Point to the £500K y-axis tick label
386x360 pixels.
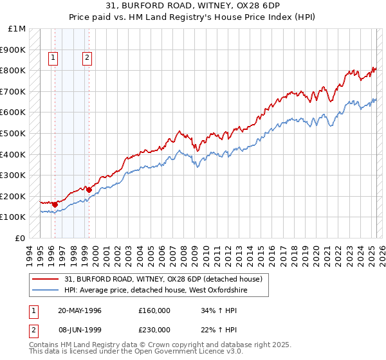(14, 134)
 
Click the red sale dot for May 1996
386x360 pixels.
(55, 204)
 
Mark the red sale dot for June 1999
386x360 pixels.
(89, 190)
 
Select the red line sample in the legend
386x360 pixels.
(44, 280)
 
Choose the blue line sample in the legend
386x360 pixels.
(44, 291)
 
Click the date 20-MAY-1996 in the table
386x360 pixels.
(80, 310)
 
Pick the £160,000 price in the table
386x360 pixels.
(154, 310)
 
